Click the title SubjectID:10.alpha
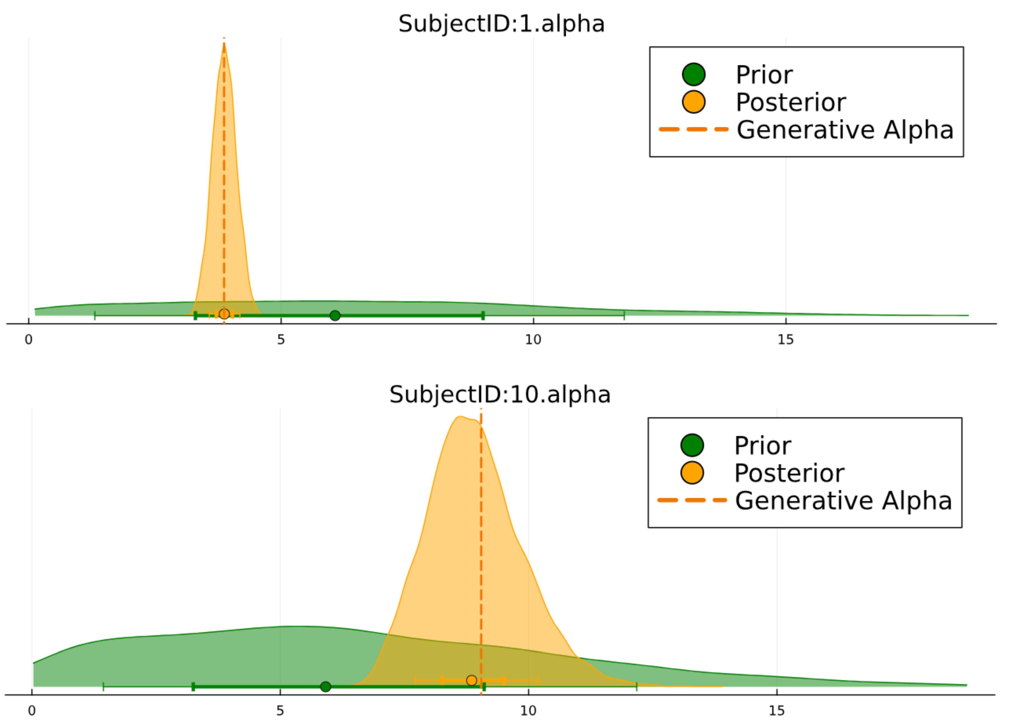point(500,395)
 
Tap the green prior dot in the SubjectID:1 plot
point(335,316)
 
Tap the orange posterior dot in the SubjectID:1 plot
point(224,314)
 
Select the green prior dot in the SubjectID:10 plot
point(326,687)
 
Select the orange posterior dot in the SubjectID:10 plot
point(471,680)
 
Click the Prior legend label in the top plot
point(764,75)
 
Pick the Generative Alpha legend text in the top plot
point(845,130)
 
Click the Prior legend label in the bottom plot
point(763,446)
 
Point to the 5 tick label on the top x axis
point(281,340)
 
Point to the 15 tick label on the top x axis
point(786,340)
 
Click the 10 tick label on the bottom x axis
point(529,711)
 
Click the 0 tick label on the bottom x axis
point(32,711)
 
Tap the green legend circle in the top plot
point(693,74)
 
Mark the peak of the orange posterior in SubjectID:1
point(224,43)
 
